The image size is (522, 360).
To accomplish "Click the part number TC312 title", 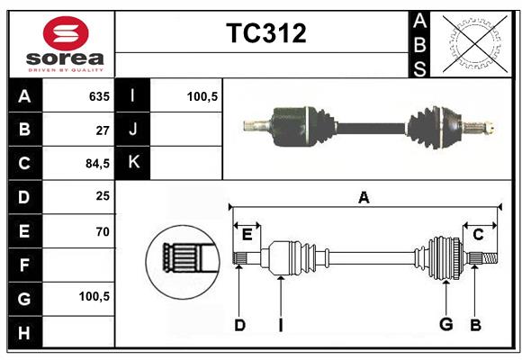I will point(265,33).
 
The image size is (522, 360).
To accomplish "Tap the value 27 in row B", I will point(102,130).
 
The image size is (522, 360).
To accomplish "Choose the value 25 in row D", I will point(102,197).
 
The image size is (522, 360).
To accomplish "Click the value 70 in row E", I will point(102,231).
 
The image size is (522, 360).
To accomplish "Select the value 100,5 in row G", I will point(94,296).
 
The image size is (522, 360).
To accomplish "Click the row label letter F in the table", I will point(24,265).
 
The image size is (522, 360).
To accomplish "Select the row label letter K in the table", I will point(133,163).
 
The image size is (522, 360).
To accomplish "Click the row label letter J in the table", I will point(133,130).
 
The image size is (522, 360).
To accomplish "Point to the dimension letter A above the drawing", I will point(364,197).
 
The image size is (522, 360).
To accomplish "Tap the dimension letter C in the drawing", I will point(478,234).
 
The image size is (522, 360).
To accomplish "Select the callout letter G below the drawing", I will point(445,325).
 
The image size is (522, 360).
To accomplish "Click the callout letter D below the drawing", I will point(239,325).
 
